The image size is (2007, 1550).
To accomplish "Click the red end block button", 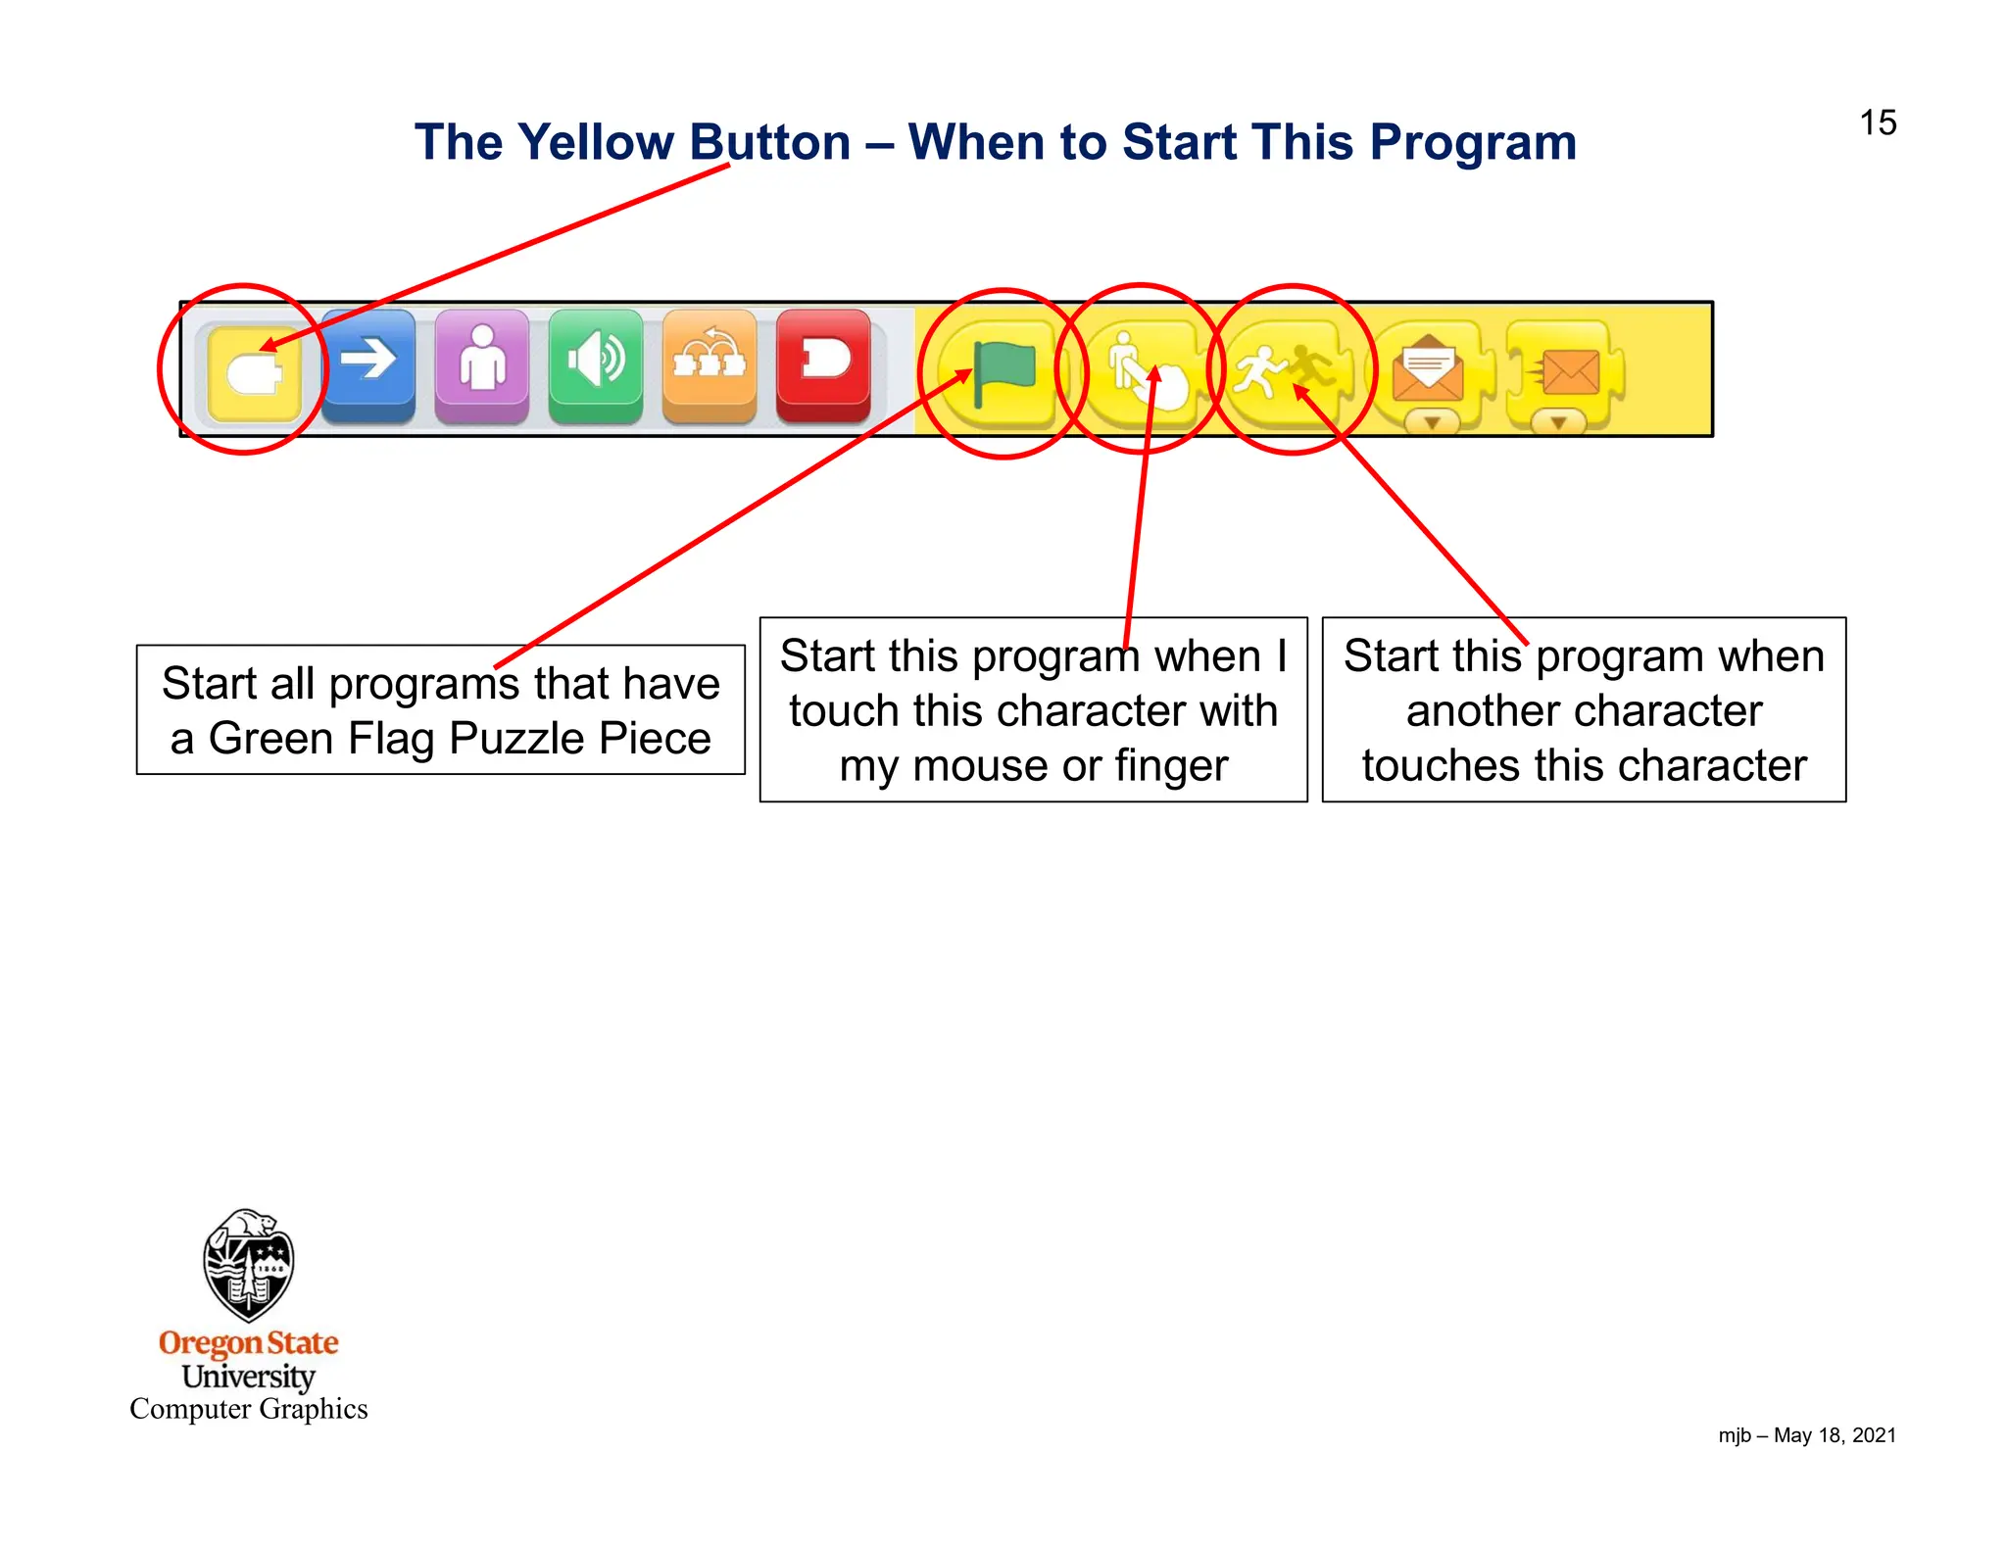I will pos(823,362).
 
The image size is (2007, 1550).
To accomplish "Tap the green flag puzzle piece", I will pos(1002,374).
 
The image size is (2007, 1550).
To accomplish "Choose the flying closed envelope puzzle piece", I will pos(1564,376).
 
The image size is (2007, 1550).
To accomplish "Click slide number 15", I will pos(1878,123).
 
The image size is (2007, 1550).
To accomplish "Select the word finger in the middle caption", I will pos(1171,766).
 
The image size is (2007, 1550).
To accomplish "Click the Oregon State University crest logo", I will pos(248,1265).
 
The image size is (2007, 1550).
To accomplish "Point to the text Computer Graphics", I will pos(248,1409).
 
